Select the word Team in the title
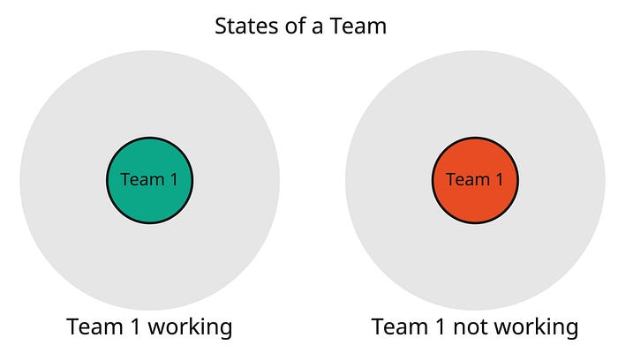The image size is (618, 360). pos(357,26)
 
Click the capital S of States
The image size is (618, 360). pos(222,26)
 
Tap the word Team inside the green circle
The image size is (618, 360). pos(141,179)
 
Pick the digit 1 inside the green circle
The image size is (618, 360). pos(173,179)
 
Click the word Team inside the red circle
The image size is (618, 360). pos(467,179)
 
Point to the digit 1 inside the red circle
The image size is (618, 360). pos(499,179)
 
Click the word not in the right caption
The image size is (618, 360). pos(472,327)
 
